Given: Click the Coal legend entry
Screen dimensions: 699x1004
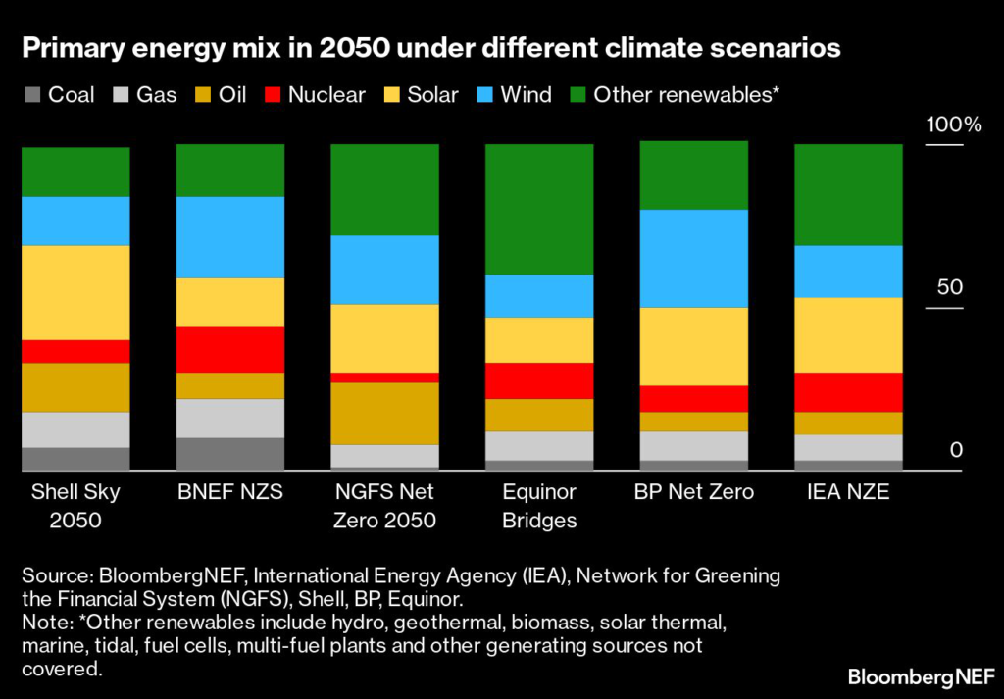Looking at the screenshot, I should pos(61,95).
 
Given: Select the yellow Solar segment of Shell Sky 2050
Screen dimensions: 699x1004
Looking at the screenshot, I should pos(75,292).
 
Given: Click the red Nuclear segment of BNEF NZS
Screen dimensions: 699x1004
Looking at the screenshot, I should pos(229,349).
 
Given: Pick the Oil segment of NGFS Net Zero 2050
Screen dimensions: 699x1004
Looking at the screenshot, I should pos(384,413).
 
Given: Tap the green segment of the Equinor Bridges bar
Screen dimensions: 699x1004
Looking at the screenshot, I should pos(539,209).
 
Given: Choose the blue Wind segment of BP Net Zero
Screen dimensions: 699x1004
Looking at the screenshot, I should pos(693,258).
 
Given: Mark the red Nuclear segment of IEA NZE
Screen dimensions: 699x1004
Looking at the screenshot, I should pos(848,391).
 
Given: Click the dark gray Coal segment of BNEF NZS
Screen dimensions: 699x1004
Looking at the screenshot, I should pos(229,454).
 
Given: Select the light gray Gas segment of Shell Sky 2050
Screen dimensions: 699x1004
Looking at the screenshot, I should pos(75,428).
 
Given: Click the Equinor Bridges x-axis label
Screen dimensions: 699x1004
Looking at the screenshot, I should pos(539,505).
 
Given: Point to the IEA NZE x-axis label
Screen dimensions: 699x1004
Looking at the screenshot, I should pos(848,492).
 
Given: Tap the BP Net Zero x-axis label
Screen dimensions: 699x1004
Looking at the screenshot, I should pos(693,492).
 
